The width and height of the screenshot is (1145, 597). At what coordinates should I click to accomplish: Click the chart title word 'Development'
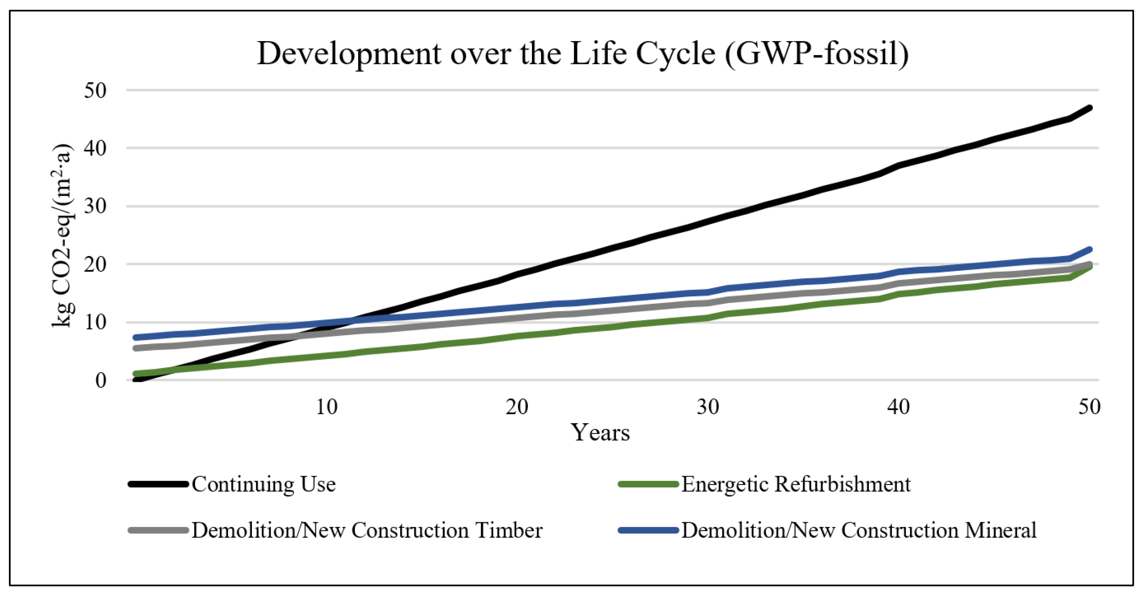(349, 54)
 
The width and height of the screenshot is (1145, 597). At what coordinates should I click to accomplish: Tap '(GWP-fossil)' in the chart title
(817, 53)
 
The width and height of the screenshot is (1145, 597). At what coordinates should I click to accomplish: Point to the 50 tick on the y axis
(95, 90)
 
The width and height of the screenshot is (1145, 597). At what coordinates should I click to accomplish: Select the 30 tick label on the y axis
(95, 207)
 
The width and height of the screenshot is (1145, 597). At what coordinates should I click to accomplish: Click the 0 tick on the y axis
(101, 381)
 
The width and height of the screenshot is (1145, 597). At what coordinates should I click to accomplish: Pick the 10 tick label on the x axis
(326, 407)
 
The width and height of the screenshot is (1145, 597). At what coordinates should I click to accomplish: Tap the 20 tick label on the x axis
(517, 407)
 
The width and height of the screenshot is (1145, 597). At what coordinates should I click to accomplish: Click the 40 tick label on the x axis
(898, 407)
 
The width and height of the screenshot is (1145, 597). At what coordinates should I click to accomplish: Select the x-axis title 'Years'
(600, 433)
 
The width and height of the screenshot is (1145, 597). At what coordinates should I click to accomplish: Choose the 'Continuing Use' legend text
(264, 484)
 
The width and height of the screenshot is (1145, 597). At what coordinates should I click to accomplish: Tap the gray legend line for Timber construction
(158, 530)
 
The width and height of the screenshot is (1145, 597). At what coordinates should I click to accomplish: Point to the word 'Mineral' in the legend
(1000, 530)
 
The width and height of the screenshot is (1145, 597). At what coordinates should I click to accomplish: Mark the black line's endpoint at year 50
(1089, 108)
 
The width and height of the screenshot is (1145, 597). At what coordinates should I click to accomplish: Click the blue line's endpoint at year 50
(1089, 250)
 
